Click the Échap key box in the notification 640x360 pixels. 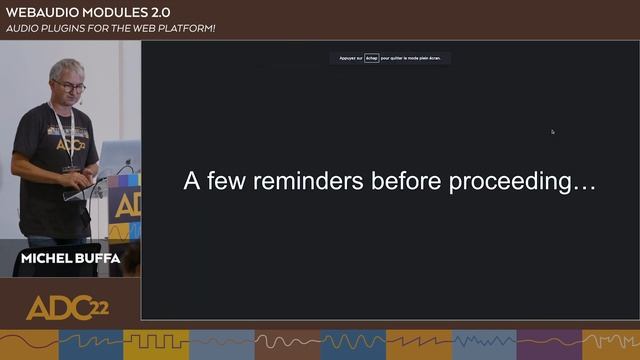[372, 58]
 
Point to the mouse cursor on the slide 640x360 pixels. [552, 131]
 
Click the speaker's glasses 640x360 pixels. [70, 86]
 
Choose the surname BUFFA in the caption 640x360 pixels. [99, 258]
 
